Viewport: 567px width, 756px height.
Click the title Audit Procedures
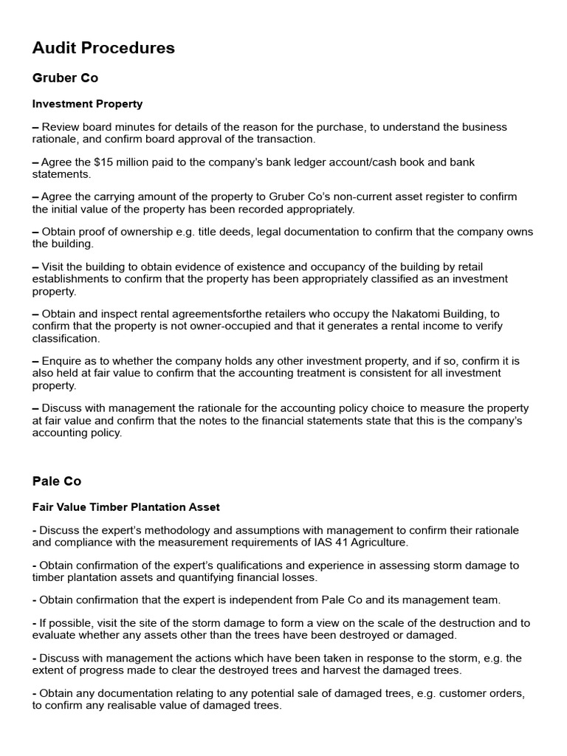(103, 48)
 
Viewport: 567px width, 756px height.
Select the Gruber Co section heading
(65, 78)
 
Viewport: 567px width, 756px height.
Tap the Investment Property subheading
(87, 104)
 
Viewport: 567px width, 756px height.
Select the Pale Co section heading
(57, 481)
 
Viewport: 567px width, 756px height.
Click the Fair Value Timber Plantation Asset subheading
(126, 508)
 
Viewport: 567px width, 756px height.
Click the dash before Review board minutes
(35, 127)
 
